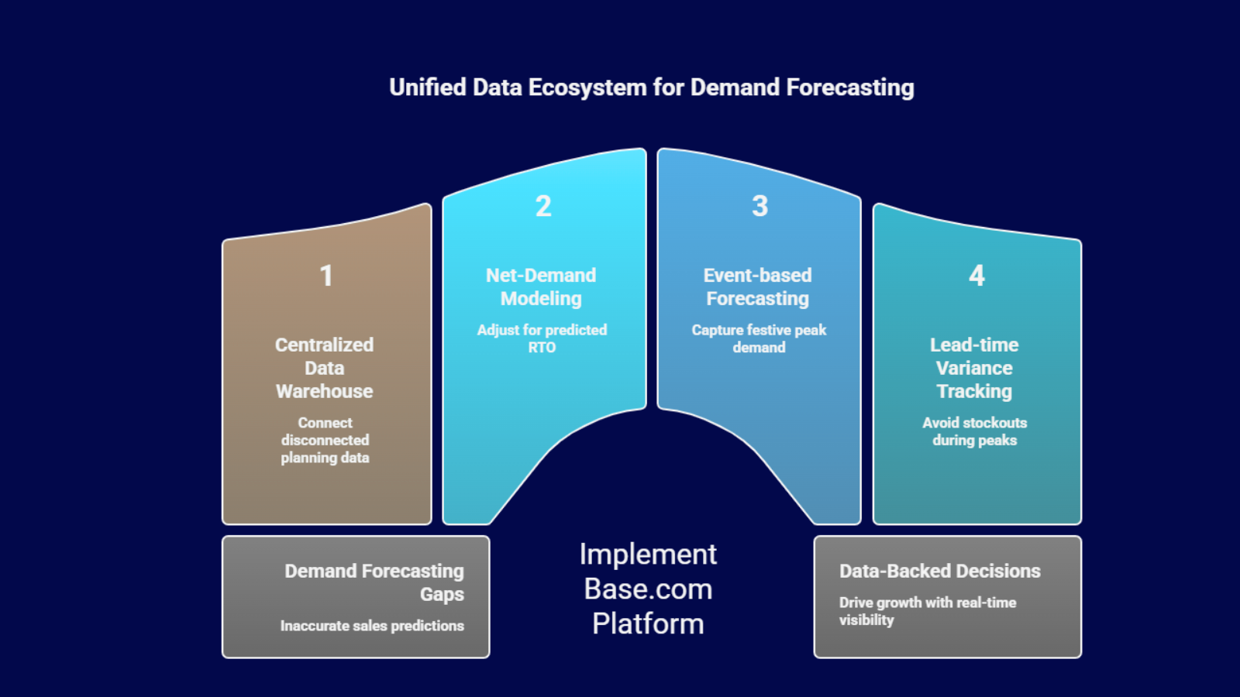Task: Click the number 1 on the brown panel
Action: pos(326,276)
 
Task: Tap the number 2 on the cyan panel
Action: pos(543,206)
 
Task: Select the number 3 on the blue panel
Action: pos(759,206)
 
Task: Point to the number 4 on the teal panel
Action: pos(976,276)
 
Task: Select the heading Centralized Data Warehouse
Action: pos(324,368)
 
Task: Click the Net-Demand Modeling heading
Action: pos(541,287)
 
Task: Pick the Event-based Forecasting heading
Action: pos(757,287)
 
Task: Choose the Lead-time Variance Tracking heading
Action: pos(974,368)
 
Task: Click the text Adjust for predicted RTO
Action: pos(542,338)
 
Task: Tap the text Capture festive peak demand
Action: pos(759,338)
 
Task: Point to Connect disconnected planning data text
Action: pos(325,440)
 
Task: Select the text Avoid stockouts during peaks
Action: pos(974,431)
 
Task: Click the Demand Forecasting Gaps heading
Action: pos(374,582)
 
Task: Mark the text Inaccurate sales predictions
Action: pos(372,626)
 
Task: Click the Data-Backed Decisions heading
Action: pos(939,571)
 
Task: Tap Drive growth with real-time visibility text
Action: pos(927,611)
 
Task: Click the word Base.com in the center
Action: pos(648,589)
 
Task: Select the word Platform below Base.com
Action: pos(648,624)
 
